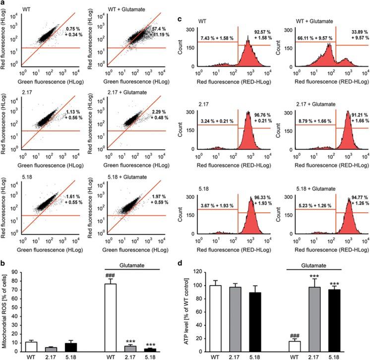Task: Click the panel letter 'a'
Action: pos(4,4)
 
